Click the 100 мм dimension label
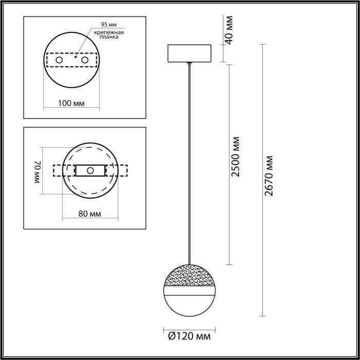pyautogui.click(x=71, y=103)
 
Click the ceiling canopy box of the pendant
pyautogui.click(x=190, y=53)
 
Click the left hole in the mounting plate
pyautogui.click(x=60, y=61)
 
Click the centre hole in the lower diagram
pyautogui.click(x=90, y=170)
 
